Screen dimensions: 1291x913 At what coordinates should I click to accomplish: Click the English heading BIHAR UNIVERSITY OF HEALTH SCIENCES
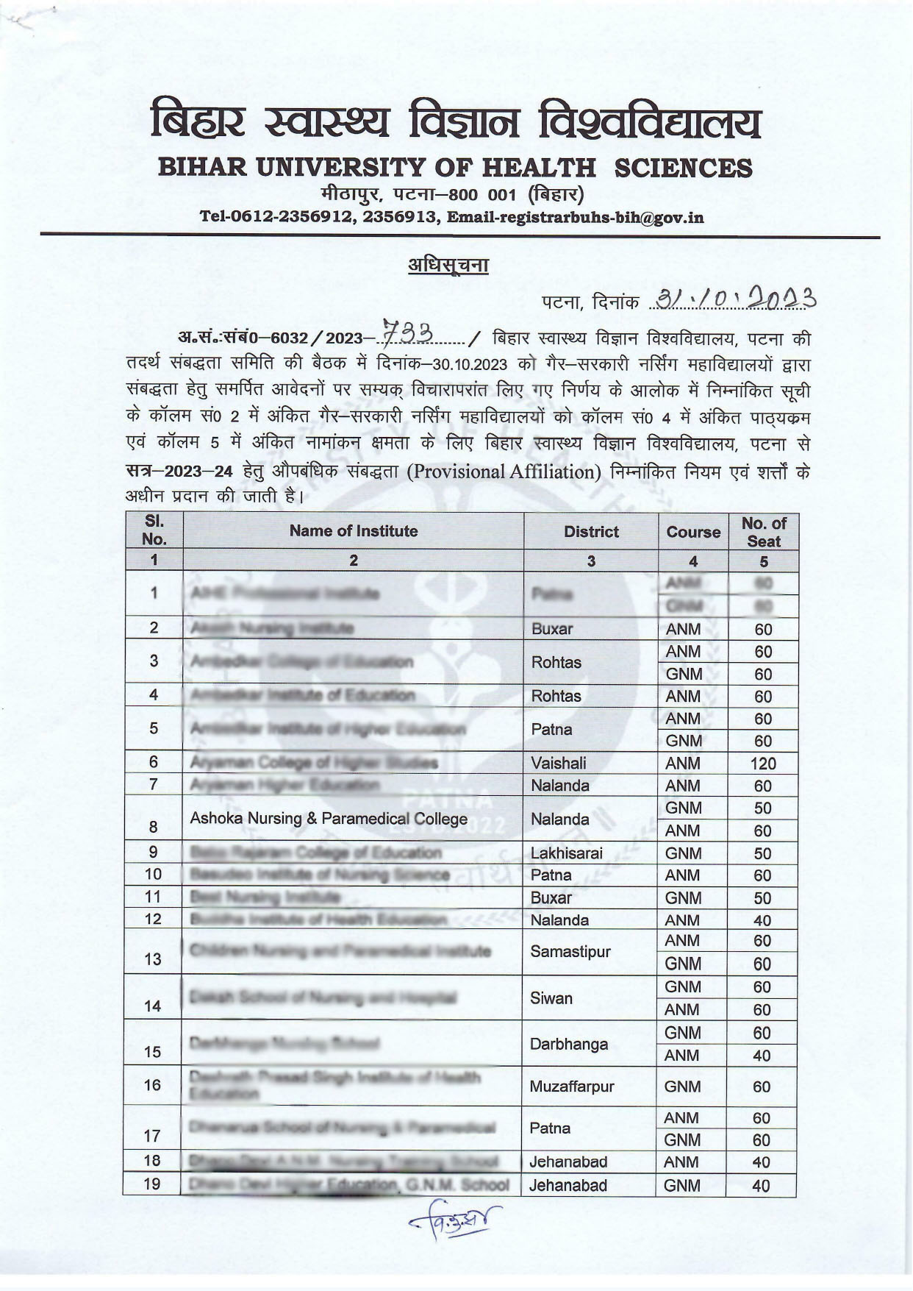[455, 168]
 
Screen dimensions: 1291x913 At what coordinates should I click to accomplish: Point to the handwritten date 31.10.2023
[736, 299]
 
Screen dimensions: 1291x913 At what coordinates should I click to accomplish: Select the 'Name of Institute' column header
[353, 531]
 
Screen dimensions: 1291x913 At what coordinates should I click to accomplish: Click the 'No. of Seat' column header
[763, 532]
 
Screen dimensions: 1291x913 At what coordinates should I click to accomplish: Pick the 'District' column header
[591, 532]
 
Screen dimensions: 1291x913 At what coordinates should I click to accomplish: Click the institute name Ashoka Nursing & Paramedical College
[329, 819]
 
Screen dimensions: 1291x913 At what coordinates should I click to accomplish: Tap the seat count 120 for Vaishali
[763, 764]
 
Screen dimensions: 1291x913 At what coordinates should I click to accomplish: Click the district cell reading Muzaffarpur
[572, 1086]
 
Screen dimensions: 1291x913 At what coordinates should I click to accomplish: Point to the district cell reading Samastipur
[570, 952]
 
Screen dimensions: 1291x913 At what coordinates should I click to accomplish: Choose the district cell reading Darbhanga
[569, 1044]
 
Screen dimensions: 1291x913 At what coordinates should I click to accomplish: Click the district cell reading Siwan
[551, 998]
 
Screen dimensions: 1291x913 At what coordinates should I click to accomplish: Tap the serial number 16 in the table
[152, 1086]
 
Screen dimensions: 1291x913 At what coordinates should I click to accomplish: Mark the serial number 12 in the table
[152, 919]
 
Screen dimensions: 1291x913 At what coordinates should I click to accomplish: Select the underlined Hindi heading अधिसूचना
[448, 264]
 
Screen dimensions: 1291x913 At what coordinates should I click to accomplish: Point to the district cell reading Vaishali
[559, 763]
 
